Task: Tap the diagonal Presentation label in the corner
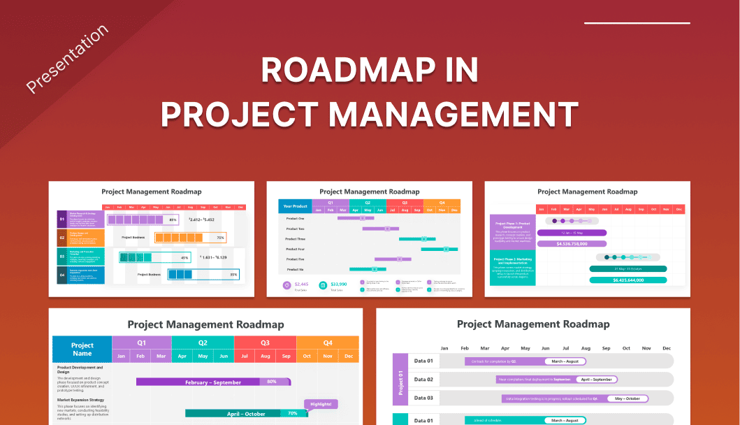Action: (x=67, y=59)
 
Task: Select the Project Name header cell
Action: (x=82, y=349)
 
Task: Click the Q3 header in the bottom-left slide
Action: (x=265, y=343)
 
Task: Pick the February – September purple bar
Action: (x=213, y=382)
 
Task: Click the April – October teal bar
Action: (x=245, y=414)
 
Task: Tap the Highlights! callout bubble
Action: (x=321, y=404)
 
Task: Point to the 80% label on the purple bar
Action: (x=272, y=382)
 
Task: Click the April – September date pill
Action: (x=595, y=380)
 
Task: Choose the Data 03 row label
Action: (x=423, y=398)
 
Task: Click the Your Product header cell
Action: (x=296, y=206)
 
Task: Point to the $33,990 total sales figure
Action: (x=339, y=284)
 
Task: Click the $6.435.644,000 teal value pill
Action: (x=627, y=280)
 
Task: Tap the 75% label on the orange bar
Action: (x=220, y=238)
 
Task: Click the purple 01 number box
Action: (x=61, y=219)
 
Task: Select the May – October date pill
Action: (x=627, y=398)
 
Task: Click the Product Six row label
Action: (x=296, y=269)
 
